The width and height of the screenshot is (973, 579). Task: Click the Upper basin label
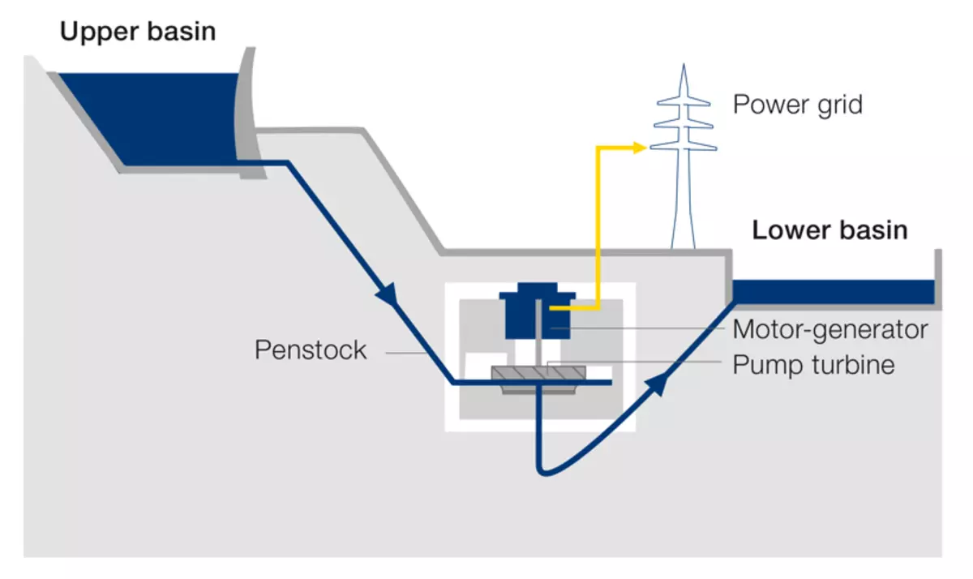pos(138,32)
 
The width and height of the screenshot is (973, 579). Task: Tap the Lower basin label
pos(829,230)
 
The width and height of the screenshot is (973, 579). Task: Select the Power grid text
pos(797,105)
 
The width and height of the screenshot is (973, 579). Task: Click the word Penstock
pos(311,350)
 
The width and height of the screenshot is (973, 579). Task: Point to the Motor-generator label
pos(829,330)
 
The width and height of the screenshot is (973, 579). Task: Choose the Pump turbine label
pos(813,365)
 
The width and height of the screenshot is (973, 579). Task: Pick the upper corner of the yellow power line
pos(598,148)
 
